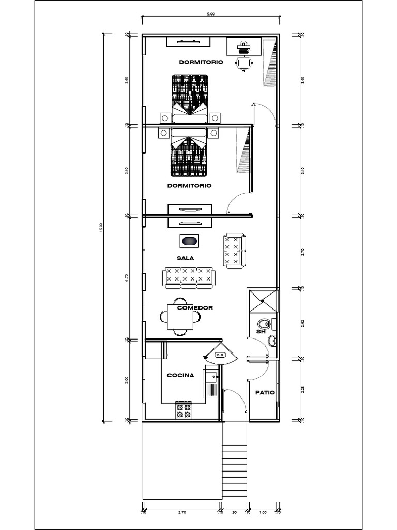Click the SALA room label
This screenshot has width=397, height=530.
[x=185, y=258]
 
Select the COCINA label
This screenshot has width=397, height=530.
[x=180, y=375]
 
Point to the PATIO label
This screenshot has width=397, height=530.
[x=265, y=392]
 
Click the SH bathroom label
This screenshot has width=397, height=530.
[x=261, y=331]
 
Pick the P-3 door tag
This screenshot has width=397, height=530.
[x=220, y=355]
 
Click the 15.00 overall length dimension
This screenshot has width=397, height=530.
[x=101, y=228]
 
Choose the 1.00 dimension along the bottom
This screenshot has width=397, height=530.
[x=263, y=513]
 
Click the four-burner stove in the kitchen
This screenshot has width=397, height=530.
[x=184, y=410]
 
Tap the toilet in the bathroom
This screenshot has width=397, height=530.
[x=264, y=325]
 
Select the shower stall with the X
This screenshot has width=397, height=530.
[x=263, y=301]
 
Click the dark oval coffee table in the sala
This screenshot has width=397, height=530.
[x=189, y=241]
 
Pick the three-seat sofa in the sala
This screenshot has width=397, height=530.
[x=188, y=277]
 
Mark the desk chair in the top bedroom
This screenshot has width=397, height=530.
[x=243, y=63]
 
